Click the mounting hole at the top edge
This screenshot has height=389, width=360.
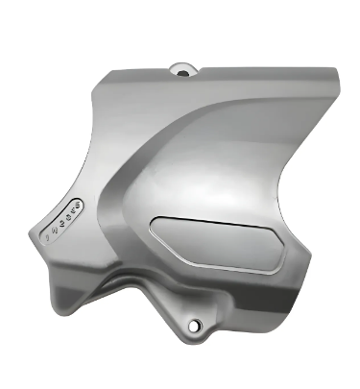(x=181, y=68)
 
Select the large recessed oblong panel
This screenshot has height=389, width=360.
(x=215, y=241)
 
